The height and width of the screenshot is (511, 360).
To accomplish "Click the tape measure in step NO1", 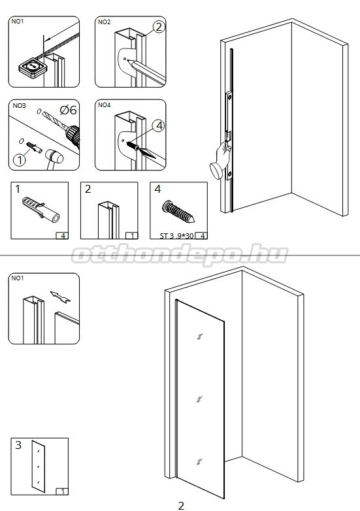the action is click(x=33, y=68).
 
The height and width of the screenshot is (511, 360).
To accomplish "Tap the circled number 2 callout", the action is click(x=159, y=27).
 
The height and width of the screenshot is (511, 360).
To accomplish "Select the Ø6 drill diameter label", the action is click(x=69, y=110).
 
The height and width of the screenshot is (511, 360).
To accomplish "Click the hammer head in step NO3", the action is click(x=54, y=156).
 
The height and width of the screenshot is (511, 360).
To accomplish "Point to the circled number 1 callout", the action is click(x=20, y=159).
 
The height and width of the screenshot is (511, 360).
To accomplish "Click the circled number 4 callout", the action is click(x=159, y=125).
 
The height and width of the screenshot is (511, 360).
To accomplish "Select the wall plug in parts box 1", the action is click(x=41, y=210).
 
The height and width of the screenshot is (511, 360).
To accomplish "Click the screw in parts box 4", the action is click(x=178, y=212).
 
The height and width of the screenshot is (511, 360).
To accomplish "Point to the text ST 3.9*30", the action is click(x=176, y=236).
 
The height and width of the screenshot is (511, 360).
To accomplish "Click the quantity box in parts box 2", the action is click(x=131, y=235).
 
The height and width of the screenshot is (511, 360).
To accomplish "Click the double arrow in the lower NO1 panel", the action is click(x=60, y=297).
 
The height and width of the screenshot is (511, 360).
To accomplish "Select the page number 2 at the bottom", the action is click(x=181, y=506).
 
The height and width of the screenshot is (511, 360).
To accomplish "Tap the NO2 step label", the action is click(x=105, y=22).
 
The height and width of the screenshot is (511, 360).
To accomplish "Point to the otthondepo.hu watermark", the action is click(x=180, y=254).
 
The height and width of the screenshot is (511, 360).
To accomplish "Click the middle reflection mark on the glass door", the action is click(x=199, y=399).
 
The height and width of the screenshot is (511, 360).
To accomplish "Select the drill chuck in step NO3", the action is click(x=73, y=135).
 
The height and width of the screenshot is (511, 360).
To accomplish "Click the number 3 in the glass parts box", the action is click(x=18, y=445).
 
